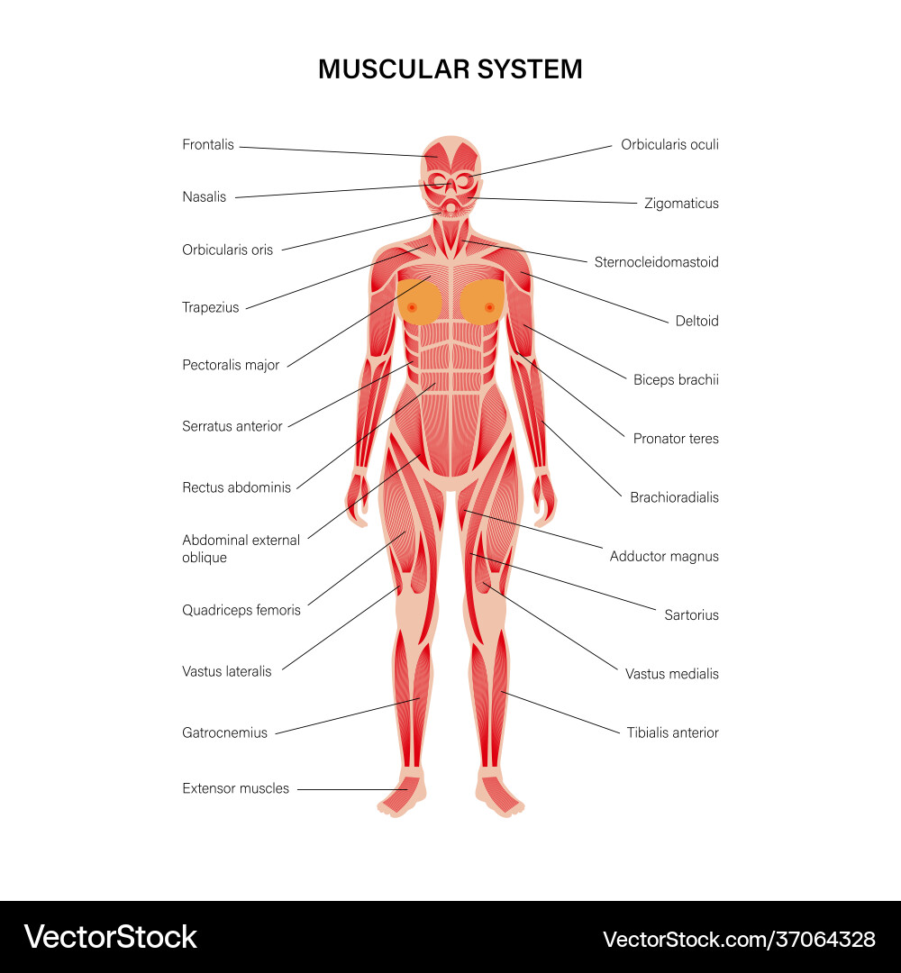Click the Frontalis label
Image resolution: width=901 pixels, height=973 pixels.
pyautogui.click(x=208, y=144)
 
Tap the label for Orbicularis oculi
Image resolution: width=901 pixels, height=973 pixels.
pyautogui.click(x=669, y=144)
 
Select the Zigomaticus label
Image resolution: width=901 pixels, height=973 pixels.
pyautogui.click(x=681, y=204)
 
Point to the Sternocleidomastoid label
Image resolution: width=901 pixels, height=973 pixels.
pyautogui.click(x=657, y=262)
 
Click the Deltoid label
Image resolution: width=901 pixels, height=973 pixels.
pyautogui.click(x=696, y=321)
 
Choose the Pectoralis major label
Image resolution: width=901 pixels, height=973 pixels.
pyautogui.click(x=231, y=365)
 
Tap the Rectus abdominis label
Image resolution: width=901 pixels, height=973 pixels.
pyautogui.click(x=236, y=487)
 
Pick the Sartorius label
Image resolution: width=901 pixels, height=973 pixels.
pyautogui.click(x=691, y=615)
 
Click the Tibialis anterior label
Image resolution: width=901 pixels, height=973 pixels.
pyautogui.click(x=673, y=732)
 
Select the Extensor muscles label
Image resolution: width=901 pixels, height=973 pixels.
pyautogui.click(x=236, y=788)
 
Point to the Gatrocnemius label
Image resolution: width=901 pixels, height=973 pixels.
pyautogui.click(x=224, y=732)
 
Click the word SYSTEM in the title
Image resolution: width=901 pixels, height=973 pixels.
pyautogui.click(x=530, y=68)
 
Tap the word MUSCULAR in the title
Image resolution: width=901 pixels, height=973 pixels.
pyautogui.click(x=394, y=68)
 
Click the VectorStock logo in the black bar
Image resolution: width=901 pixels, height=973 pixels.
pyautogui.click(x=111, y=937)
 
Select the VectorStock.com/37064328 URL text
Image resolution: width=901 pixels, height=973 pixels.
pyautogui.click(x=739, y=940)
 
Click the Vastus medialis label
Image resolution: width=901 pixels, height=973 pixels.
pyautogui.click(x=672, y=674)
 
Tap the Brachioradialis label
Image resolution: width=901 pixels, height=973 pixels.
pyautogui.click(x=675, y=497)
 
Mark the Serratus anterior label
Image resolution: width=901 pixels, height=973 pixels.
pyautogui.click(x=232, y=426)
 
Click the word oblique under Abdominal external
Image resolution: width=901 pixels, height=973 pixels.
pyautogui.click(x=205, y=558)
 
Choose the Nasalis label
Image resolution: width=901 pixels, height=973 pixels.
pyautogui.click(x=205, y=197)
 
